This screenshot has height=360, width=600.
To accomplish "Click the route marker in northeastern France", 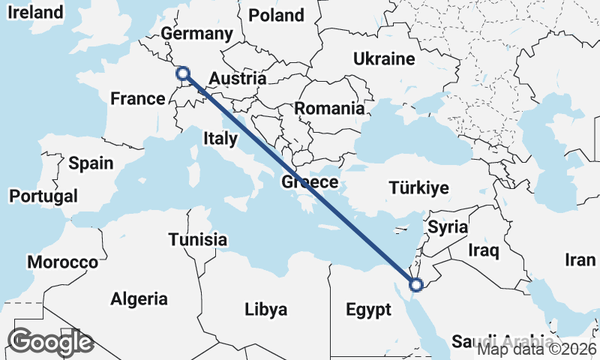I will (x=181, y=73).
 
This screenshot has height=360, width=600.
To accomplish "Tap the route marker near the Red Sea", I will (x=416, y=283).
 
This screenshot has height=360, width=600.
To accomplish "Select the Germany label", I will (x=197, y=34).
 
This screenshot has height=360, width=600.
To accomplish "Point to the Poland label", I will (x=276, y=15).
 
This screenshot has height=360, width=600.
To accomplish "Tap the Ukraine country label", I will (x=384, y=58).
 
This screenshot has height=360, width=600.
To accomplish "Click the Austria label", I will (x=237, y=78).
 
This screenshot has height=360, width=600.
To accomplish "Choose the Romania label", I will (x=329, y=108).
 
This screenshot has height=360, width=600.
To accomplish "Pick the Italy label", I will (x=220, y=138).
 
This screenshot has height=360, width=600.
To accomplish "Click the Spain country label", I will (x=91, y=163).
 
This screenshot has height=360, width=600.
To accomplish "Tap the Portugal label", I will (x=43, y=196).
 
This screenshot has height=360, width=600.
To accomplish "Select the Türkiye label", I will (x=418, y=187).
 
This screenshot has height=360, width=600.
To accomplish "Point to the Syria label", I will (x=447, y=226).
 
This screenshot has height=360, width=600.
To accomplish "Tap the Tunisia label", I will (x=197, y=240).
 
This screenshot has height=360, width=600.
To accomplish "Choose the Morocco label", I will (x=62, y=262).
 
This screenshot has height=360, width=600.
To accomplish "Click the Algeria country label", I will (x=139, y=299).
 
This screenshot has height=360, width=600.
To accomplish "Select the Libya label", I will (x=266, y=309).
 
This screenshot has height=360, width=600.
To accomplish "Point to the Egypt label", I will (x=368, y=309).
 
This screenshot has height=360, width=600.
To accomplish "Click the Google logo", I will (x=50, y=342).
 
